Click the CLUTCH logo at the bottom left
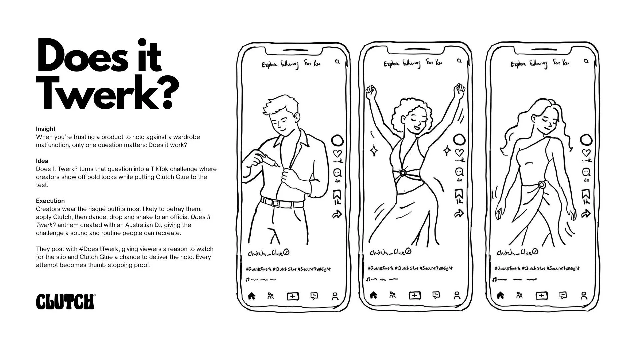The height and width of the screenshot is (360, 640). point(65,302)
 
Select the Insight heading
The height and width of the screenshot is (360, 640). point(46,129)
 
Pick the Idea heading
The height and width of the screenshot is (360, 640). point(42,161)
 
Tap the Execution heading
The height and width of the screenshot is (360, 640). point(50,201)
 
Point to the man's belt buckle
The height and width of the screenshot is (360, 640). point(275,203)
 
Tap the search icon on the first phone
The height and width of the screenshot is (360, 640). point(337,62)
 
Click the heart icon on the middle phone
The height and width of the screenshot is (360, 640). point(459,153)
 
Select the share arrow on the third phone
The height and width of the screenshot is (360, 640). point(586,214)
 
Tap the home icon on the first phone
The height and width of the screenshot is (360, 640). point(252,296)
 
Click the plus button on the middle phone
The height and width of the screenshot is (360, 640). point(415,295)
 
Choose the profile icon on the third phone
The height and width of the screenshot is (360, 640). point(584,296)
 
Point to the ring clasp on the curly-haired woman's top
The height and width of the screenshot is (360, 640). point(403,173)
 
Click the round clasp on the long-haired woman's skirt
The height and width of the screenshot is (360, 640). point(542,185)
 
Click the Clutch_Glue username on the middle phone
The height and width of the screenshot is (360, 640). point(390,252)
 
